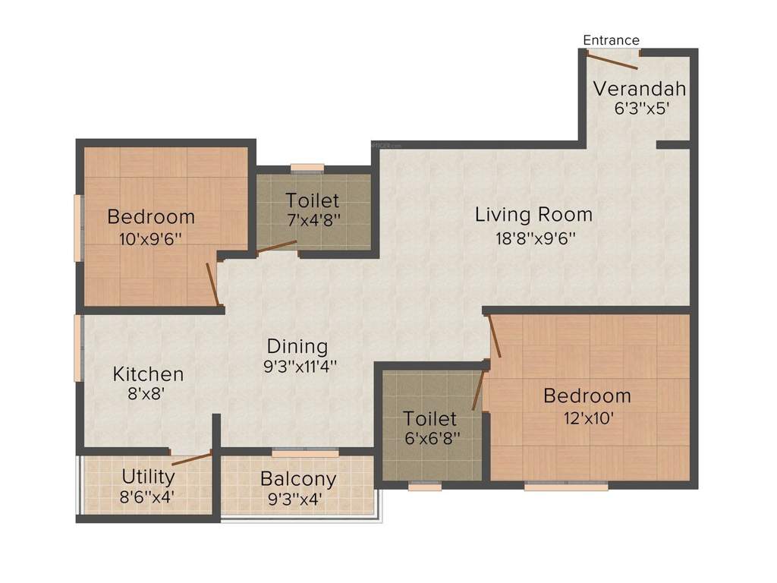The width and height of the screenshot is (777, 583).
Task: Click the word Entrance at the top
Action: (611, 40)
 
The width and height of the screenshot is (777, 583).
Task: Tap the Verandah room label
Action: (639, 88)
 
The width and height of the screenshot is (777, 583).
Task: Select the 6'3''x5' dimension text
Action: (641, 108)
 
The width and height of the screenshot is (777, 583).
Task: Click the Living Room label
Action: (533, 215)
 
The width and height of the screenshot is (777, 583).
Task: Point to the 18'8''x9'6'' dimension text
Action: (536, 238)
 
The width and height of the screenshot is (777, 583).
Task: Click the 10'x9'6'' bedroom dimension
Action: (150, 239)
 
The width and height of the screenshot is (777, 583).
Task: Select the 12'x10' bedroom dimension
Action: (587, 418)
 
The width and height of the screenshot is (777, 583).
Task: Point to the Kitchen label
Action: (148, 374)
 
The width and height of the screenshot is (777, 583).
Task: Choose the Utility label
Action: (148, 477)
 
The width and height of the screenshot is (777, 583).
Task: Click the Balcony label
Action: (297, 479)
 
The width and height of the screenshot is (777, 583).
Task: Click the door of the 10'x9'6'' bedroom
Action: (213, 285)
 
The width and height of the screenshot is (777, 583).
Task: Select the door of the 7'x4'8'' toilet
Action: (275, 247)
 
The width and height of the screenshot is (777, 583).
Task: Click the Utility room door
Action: (191, 457)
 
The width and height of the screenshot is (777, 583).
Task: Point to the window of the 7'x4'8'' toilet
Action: (307, 169)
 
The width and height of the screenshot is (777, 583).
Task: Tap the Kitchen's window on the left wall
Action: (78, 347)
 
